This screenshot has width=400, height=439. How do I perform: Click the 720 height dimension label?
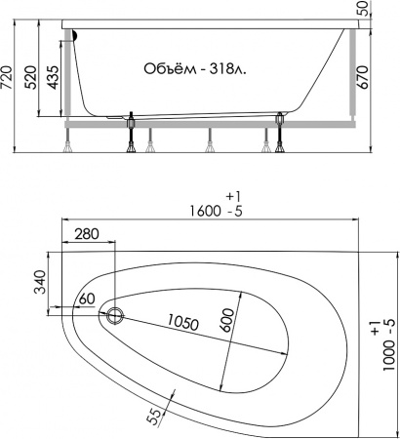coord(7,77)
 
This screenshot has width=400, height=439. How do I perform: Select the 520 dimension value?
coord(31,77)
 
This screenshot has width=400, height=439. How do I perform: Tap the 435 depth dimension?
coord(54,77)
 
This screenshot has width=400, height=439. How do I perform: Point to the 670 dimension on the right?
coord(363,77)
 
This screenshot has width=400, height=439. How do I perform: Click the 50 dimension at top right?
coord(363,8)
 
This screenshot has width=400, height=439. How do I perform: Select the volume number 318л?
coord(228,68)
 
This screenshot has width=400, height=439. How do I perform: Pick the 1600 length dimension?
coord(205,212)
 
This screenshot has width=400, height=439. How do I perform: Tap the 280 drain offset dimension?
coord(87,234)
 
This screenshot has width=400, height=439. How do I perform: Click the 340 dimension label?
coord(41,282)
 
